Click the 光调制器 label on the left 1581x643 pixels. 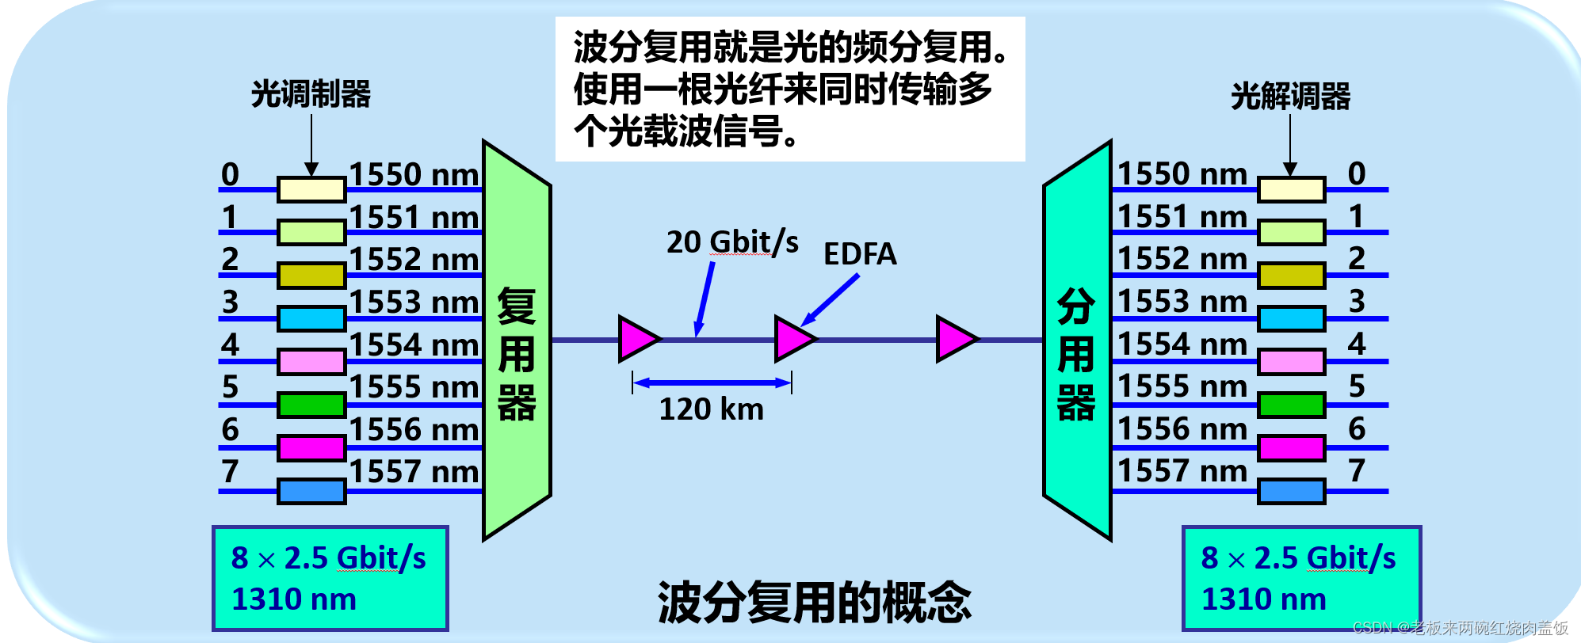(311, 94)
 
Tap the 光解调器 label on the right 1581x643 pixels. (1290, 97)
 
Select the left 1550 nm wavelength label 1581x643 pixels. (414, 175)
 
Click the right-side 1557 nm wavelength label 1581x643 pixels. (1182, 471)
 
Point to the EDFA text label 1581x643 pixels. (860, 254)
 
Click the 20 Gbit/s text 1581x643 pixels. (731, 242)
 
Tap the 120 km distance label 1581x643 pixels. (711, 409)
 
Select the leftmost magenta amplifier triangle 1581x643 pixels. (637, 339)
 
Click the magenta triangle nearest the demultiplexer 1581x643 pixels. (955, 339)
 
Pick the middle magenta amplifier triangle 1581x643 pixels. (793, 339)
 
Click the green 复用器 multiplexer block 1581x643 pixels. (517, 341)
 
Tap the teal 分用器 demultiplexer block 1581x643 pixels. (1077, 341)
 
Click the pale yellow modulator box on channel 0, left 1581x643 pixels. (311, 190)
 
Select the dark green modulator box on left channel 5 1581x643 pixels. (311, 405)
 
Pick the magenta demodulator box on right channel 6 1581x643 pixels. (1292, 448)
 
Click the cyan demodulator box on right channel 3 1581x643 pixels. (1292, 319)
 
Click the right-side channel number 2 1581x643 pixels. (1357, 258)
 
